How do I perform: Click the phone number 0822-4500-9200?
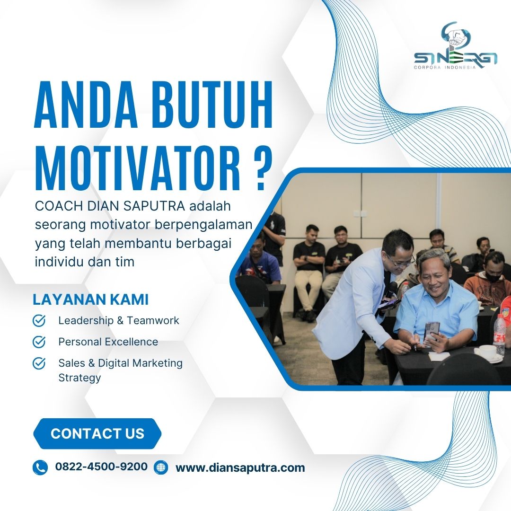[x=101, y=467]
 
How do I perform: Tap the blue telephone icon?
[x=40, y=467]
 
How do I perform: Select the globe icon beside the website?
[x=161, y=467]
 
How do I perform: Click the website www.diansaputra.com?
[x=240, y=467]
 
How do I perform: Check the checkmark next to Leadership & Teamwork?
[x=39, y=320]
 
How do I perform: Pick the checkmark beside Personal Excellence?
[x=39, y=342]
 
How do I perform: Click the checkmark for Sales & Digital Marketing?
[x=39, y=363]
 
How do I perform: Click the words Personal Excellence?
[x=108, y=342]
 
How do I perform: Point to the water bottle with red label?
[x=499, y=330]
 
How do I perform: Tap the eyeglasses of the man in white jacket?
[x=404, y=261]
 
